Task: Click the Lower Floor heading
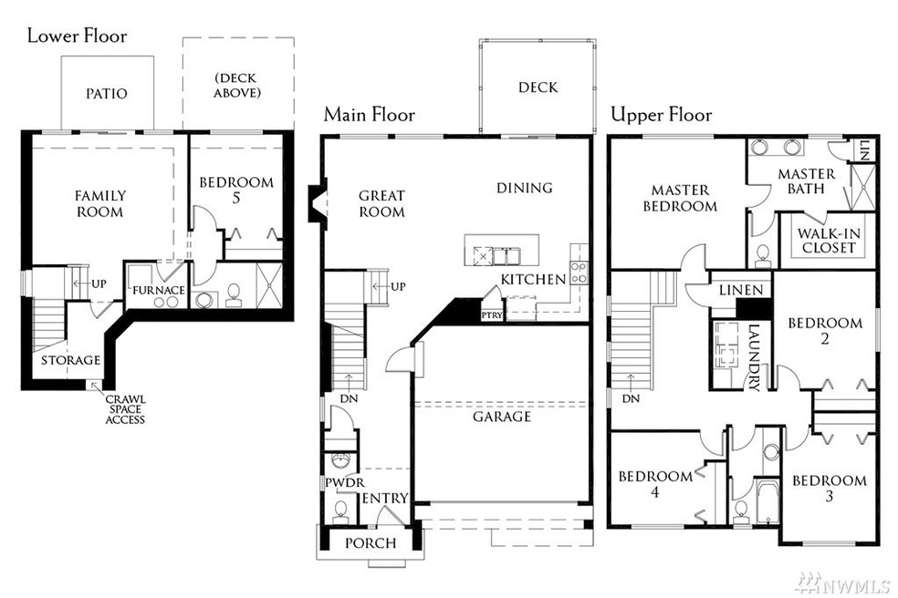point(77,36)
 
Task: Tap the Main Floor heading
point(369,115)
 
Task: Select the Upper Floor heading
point(661,115)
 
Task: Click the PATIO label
point(107,94)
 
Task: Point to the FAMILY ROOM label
point(100,203)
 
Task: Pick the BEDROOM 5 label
point(236,190)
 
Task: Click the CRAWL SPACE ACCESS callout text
point(125,409)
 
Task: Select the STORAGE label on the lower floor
point(70,360)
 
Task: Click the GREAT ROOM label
point(381,203)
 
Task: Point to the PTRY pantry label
point(491,315)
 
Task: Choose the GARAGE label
point(501,417)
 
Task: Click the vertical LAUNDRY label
point(754,357)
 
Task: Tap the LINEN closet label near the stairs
point(741,289)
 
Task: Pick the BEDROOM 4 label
point(655,484)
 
